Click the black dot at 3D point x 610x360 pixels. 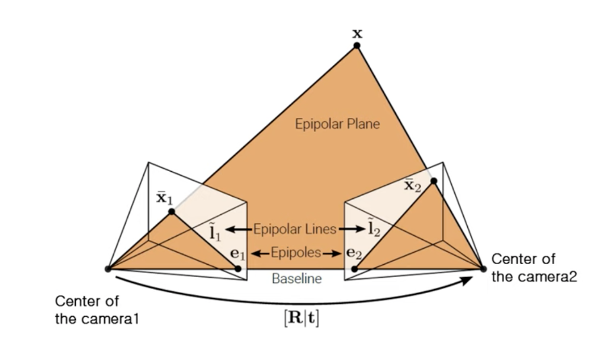[357, 46]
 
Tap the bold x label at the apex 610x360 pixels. [357, 33]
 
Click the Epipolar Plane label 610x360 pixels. [337, 124]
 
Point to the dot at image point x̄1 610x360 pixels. [171, 211]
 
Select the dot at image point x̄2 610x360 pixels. [434, 181]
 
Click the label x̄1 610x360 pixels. [163, 197]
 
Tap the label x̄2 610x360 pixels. [413, 185]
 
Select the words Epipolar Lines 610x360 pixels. [295, 229]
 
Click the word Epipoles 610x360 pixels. [296, 253]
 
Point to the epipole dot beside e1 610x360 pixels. [238, 269]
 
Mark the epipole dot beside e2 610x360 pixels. [354, 269]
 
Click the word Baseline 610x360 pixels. [297, 278]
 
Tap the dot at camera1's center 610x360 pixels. [108, 269]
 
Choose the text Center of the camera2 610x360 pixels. [534, 268]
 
